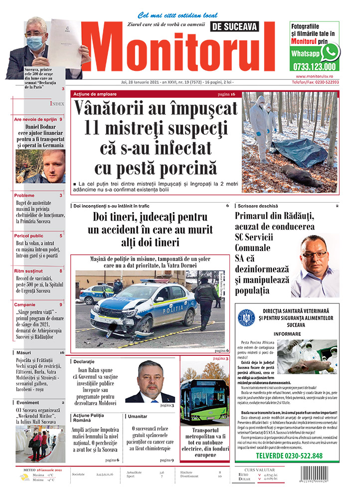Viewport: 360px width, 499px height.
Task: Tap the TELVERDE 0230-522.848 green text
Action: point(289,456)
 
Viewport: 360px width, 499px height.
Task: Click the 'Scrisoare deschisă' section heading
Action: point(258,206)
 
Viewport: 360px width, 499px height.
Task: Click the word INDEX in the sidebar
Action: point(57,103)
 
